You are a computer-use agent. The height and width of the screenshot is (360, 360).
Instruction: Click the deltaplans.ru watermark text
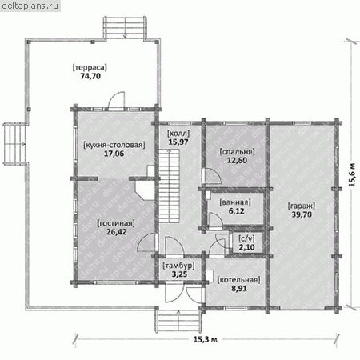[30, 6]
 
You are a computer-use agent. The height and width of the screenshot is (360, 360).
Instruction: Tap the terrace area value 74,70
[90, 76]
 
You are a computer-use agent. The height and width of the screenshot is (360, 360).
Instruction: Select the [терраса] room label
[90, 67]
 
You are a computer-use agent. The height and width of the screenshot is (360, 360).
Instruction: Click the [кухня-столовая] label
[114, 145]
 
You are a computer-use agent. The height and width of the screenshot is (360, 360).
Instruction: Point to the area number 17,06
[114, 154]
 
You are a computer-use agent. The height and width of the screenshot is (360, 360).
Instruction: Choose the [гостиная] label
[116, 223]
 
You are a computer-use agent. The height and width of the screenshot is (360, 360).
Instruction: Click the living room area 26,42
[117, 232]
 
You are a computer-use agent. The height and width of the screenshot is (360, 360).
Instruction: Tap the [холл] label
[178, 133]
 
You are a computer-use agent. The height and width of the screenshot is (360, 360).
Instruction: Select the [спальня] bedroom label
[237, 152]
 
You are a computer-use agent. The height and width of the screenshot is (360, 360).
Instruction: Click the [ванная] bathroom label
[235, 202]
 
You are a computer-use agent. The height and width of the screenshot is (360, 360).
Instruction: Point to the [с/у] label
[246, 238]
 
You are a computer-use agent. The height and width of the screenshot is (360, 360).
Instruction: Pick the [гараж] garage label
[302, 206]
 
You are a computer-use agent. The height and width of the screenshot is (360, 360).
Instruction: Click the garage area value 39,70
[302, 214]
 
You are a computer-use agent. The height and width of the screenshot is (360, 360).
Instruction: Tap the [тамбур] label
[178, 266]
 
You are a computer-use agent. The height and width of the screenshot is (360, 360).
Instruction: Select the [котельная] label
[239, 280]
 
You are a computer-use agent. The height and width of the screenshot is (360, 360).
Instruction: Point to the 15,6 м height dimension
[352, 174]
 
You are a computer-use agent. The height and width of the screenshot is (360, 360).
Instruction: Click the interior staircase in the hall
[169, 186]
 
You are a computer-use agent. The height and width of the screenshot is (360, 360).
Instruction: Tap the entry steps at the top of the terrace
[125, 28]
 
